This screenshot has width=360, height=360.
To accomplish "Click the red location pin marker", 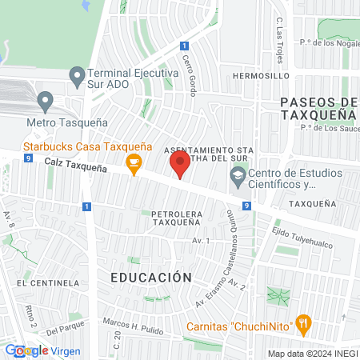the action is tap(179, 166).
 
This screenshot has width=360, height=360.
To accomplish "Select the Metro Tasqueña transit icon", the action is tap(45, 102).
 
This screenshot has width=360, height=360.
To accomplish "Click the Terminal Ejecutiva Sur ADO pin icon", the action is tap(77, 77).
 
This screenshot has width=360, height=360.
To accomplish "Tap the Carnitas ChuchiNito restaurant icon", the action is tap(302, 324).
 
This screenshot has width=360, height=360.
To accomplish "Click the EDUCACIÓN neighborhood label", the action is tap(151, 278).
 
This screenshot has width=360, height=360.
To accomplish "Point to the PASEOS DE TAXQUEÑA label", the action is tap(318, 108).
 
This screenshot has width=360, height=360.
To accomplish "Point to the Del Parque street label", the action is tap(65, 329).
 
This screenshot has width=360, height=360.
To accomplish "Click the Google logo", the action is tap(26, 350).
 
